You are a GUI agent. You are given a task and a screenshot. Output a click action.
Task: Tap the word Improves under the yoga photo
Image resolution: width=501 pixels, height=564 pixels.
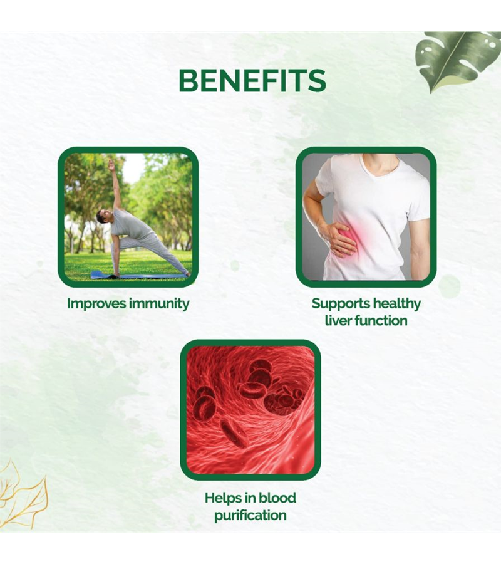(96, 303)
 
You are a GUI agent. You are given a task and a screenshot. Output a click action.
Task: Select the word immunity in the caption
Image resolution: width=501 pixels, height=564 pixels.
(159, 304)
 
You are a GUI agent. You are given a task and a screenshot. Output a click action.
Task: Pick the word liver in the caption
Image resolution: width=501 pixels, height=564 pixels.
(337, 320)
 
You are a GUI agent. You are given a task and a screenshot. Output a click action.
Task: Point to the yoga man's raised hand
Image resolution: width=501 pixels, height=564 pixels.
(111, 164)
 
